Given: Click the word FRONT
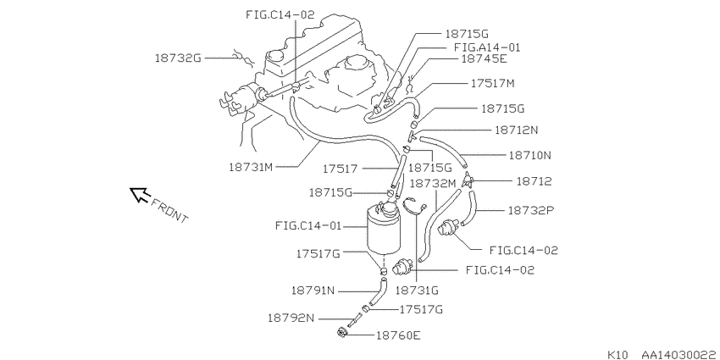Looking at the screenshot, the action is pos(169,210).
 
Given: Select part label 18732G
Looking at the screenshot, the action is pos(178,58).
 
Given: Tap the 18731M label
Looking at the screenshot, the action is pos(251,167).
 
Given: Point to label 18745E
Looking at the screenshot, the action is pos(484,58).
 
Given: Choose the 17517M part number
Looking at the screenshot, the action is pos(493,84).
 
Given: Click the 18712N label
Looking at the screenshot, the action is pos(516,130).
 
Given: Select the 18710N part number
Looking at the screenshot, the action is pos(530,155).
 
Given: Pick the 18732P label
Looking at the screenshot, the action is pos(530,210).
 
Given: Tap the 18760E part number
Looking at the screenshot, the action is pos(398,335).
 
